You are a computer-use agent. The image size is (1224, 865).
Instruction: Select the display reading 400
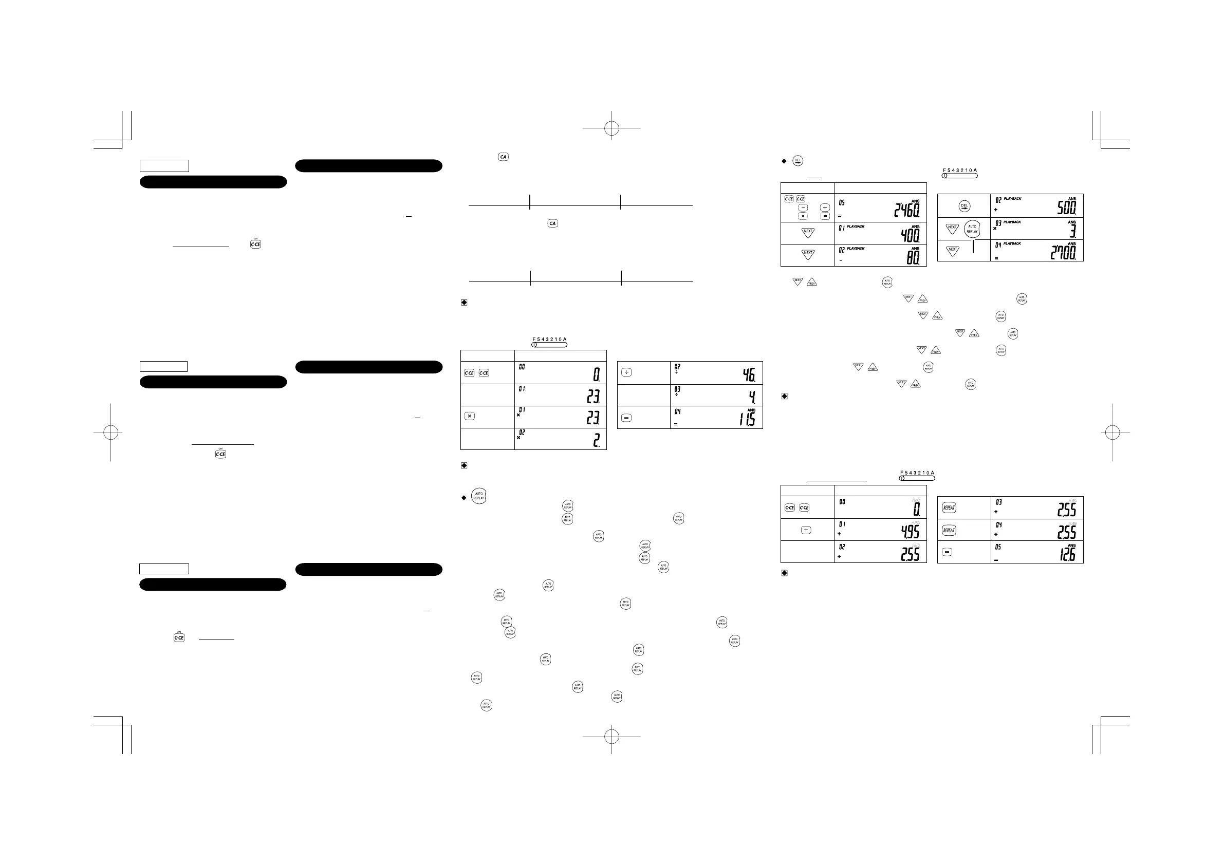point(910,235)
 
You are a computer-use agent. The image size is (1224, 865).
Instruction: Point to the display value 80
point(913,257)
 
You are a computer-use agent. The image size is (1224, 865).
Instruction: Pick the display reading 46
point(749,375)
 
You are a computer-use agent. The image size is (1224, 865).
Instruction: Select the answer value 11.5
point(747,420)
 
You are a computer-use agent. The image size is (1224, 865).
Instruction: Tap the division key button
point(626,372)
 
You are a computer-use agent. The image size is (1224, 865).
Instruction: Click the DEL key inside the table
point(964,206)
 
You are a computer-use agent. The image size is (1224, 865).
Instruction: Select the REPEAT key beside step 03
point(949,507)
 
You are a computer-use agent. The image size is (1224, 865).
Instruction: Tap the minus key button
point(803,208)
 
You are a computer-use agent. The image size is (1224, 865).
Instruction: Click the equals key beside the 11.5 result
point(626,418)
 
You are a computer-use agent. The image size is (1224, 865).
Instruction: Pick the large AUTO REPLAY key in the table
point(972,229)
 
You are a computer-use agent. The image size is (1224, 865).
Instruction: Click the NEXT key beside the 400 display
point(808,232)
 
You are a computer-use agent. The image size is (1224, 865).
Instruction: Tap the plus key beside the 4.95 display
point(806,530)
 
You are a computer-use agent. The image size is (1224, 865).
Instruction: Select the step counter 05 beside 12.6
point(998,547)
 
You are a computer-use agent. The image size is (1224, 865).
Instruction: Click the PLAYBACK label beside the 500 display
point(1012,199)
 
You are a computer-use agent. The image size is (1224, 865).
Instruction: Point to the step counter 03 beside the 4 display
point(677,389)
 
